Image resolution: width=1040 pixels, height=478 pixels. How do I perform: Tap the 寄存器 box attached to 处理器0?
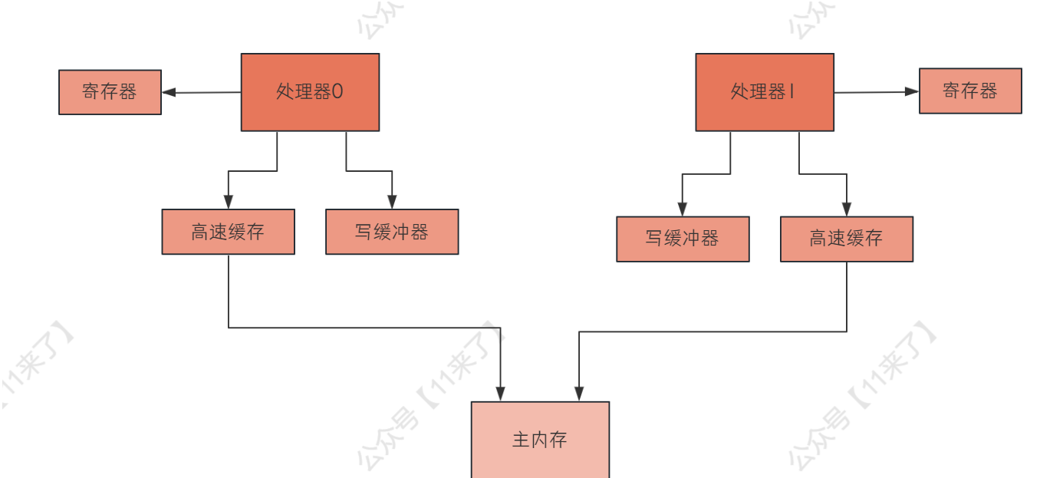(x=110, y=92)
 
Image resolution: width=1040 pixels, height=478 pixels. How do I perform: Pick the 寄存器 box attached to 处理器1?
(x=970, y=91)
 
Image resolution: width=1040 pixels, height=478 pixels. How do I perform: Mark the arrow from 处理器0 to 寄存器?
(x=201, y=93)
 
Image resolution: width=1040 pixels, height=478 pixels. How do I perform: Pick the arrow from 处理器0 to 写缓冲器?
(x=370, y=170)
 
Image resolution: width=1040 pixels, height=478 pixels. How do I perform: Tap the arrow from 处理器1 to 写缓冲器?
(x=706, y=173)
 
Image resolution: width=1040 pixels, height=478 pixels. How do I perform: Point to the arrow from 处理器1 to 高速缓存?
(x=822, y=173)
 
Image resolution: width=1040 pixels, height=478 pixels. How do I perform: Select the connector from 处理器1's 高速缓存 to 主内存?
(x=713, y=331)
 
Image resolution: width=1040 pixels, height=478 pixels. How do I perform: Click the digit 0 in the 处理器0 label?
(x=337, y=92)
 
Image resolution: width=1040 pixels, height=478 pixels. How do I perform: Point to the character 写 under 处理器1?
(x=654, y=239)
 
